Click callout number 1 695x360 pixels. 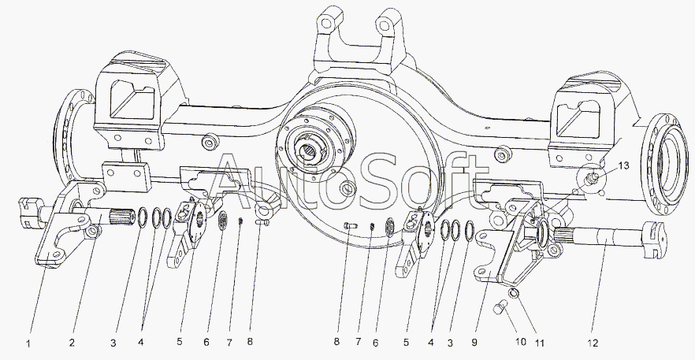(x=28, y=344)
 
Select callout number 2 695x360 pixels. (x=72, y=342)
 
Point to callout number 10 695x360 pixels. (x=521, y=342)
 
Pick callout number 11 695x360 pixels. (x=540, y=343)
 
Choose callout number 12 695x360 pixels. (x=593, y=343)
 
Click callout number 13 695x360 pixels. (x=623, y=165)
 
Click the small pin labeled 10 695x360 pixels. (x=500, y=307)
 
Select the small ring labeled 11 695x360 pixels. (x=514, y=292)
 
